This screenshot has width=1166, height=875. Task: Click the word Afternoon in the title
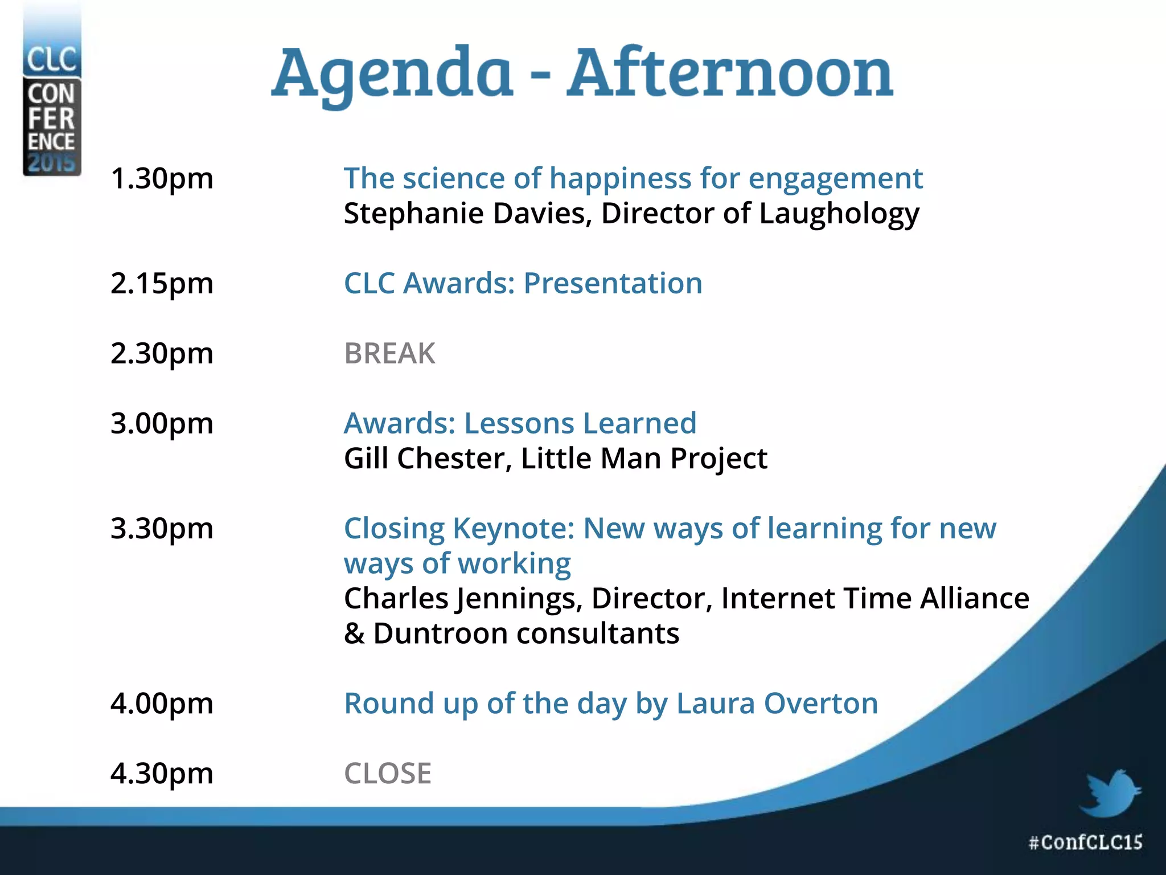click(x=730, y=74)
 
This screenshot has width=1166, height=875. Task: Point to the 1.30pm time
click(x=162, y=179)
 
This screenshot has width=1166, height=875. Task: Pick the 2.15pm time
click(x=162, y=284)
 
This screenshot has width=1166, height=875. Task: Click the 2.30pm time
click(x=162, y=354)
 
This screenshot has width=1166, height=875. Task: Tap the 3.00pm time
click(x=162, y=424)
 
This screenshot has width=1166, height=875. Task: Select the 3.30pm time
click(x=162, y=529)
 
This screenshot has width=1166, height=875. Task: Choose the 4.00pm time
click(x=162, y=704)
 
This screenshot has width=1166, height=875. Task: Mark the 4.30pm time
click(x=162, y=774)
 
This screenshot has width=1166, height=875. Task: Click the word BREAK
click(x=389, y=354)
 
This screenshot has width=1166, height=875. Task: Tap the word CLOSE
click(x=388, y=774)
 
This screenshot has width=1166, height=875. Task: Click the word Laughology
click(x=839, y=215)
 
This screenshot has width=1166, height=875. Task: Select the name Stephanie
click(x=414, y=215)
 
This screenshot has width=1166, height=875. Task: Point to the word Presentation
click(x=613, y=284)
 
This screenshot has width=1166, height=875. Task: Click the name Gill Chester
click(x=424, y=459)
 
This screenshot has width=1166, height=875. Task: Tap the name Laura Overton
click(x=777, y=704)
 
